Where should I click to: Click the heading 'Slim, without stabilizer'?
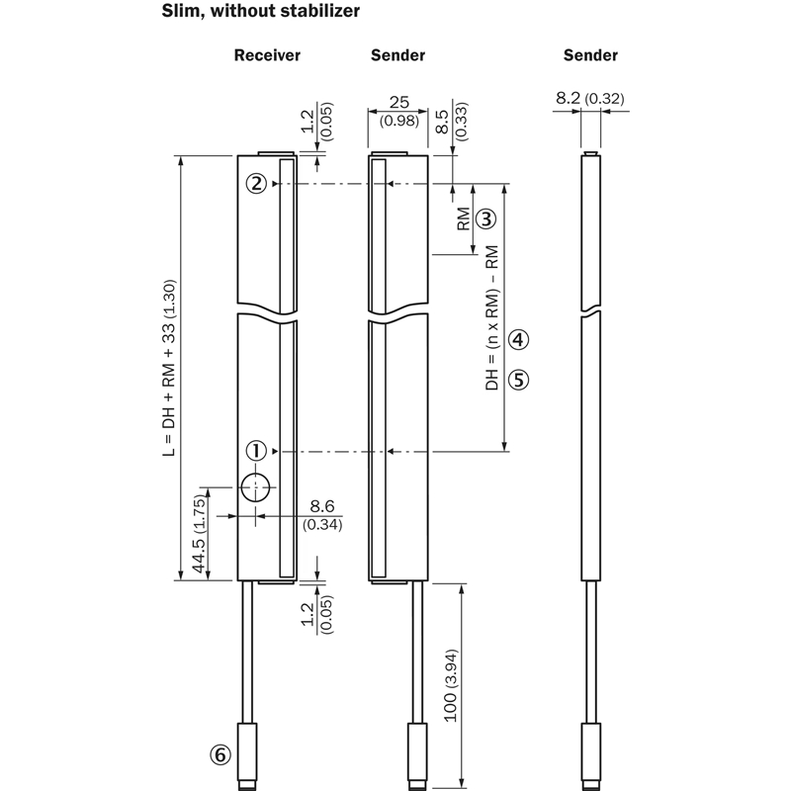(x=260, y=11)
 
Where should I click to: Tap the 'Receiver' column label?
(x=267, y=55)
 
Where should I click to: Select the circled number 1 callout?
(x=256, y=451)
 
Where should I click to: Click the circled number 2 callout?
(x=256, y=183)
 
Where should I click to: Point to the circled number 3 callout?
(x=486, y=219)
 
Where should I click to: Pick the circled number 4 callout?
(x=518, y=339)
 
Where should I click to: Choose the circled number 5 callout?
(x=518, y=380)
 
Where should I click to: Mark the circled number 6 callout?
(x=220, y=754)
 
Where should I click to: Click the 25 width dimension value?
(x=399, y=103)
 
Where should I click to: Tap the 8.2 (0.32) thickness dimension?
(x=590, y=98)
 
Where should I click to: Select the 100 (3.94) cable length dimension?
(x=451, y=685)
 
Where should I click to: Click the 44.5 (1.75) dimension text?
(x=200, y=534)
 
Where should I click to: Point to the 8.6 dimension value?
(x=322, y=506)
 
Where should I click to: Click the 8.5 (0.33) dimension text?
(x=451, y=121)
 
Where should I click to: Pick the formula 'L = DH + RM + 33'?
(x=169, y=368)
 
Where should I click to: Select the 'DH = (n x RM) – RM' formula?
(x=491, y=317)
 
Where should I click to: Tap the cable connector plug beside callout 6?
(x=247, y=755)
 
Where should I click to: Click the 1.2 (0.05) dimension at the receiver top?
(x=316, y=122)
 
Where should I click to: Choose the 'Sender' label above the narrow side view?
(x=590, y=55)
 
